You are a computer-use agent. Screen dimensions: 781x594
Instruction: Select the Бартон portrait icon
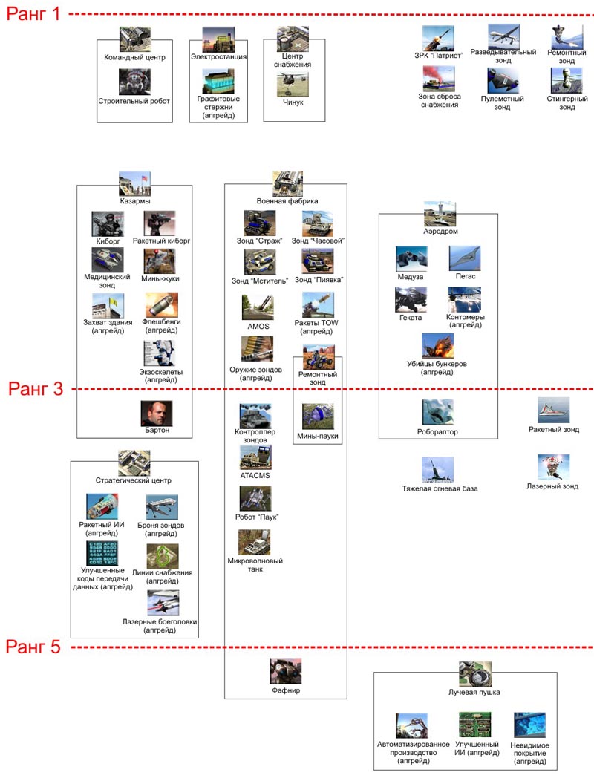pos(157,412)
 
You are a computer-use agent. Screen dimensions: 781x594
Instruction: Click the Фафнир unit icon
pos(285,671)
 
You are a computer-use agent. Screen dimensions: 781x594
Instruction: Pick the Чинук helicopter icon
pos(293,85)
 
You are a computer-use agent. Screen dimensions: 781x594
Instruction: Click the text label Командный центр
pos(135,57)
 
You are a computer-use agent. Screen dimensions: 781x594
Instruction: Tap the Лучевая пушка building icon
pos(474,673)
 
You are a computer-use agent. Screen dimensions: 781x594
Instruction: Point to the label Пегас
pos(466,276)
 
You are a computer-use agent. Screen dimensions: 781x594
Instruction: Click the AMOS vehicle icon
pos(257,307)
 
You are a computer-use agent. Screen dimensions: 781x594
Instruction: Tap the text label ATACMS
pos(255,474)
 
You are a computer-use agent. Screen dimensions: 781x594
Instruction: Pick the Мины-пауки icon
pos(318,416)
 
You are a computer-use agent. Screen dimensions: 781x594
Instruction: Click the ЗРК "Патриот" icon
pos(438,38)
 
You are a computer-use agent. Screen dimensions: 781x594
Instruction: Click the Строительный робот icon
pos(135,82)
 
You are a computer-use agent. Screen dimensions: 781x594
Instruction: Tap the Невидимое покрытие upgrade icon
pos(530,725)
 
